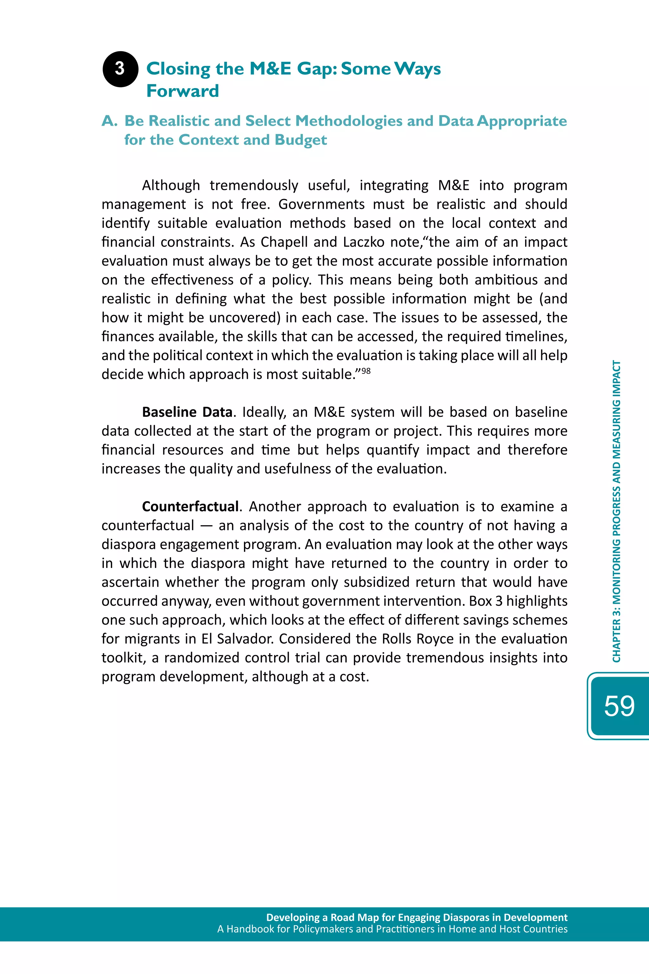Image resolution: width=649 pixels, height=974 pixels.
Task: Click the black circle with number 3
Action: [120, 69]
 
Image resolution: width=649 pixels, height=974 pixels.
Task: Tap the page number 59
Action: [619, 706]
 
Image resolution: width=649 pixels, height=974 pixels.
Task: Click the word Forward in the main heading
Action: [183, 91]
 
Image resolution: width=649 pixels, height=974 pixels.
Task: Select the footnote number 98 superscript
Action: [366, 371]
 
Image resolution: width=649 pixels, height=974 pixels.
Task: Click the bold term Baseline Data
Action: [187, 412]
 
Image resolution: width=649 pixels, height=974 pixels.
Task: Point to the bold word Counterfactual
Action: [190, 507]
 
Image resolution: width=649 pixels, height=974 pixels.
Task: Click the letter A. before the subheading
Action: [110, 121]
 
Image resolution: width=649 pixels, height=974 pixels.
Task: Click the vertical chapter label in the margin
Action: [616, 511]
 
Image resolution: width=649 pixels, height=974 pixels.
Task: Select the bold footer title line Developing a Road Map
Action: [416, 917]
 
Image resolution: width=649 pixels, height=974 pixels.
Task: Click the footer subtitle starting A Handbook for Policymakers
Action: [392, 929]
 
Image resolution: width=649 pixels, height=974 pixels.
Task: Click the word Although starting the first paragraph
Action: [171, 185]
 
